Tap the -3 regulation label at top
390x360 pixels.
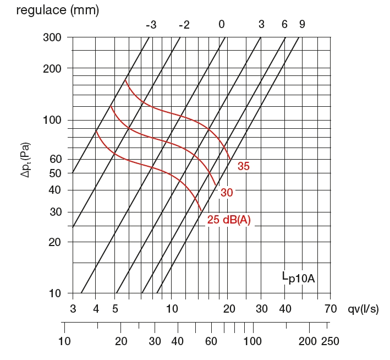point(151,25)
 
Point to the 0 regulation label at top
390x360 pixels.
point(221,25)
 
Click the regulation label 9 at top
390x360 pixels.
point(302,25)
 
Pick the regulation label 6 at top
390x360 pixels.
point(284,25)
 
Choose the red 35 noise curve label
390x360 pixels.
point(243,166)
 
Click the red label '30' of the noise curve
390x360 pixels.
point(227,193)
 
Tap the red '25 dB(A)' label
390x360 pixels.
point(229,220)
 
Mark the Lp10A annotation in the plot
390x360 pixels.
point(298,277)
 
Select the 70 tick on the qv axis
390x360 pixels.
point(330,308)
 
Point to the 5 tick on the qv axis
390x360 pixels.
point(115,308)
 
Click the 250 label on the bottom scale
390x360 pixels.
point(330,341)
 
